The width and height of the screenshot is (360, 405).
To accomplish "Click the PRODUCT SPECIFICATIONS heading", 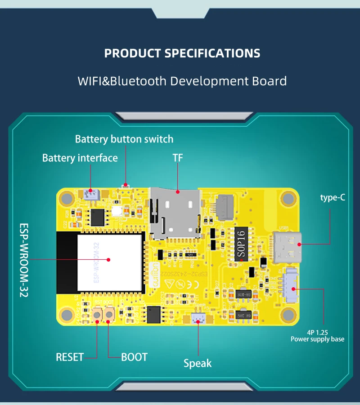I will (x=182, y=53).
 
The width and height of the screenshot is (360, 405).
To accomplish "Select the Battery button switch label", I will (x=124, y=139).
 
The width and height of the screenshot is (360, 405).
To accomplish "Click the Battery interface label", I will (x=80, y=158).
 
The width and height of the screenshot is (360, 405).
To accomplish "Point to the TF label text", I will (x=178, y=158).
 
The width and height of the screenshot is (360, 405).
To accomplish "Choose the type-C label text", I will (x=333, y=197).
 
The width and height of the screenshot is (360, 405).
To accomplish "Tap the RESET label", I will (x=70, y=357).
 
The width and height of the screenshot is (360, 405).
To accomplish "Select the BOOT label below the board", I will (x=134, y=357).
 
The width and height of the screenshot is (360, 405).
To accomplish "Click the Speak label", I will (x=198, y=363).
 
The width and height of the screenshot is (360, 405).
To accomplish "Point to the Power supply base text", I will (x=317, y=339).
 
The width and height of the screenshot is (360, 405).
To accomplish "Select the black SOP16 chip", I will (x=241, y=243).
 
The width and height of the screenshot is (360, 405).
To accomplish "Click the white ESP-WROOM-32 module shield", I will (x=109, y=259).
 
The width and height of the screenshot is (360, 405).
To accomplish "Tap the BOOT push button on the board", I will (x=109, y=315).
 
